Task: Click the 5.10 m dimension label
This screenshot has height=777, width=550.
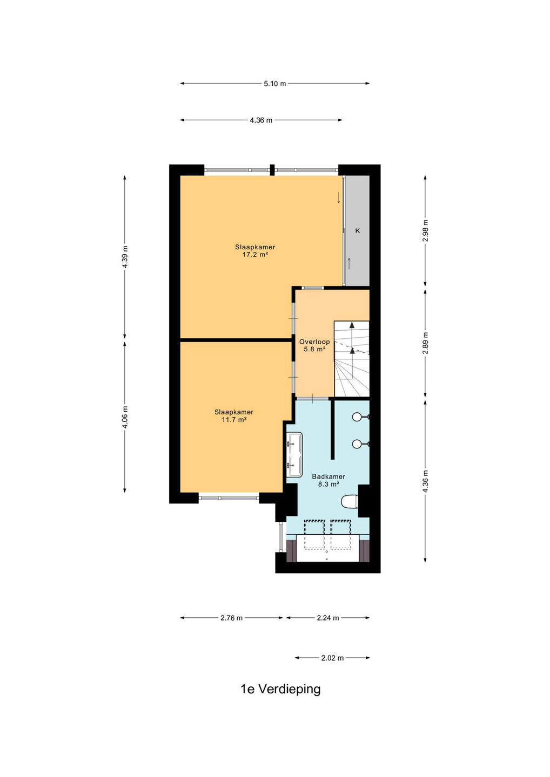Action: [x=274, y=84]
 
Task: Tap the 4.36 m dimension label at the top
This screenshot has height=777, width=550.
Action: [x=261, y=120]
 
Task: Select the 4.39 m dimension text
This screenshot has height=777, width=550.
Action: [x=125, y=256]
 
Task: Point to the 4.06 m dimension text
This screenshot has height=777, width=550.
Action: [x=125, y=417]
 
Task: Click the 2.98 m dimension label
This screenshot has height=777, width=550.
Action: [x=426, y=231]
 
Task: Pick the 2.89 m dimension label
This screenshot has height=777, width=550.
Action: [x=426, y=343]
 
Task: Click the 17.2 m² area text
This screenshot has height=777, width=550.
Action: [x=255, y=255]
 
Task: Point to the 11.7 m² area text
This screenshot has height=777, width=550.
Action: [x=234, y=420]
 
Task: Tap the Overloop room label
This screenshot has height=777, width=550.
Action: [x=314, y=342]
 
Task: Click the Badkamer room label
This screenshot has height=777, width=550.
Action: [x=328, y=476]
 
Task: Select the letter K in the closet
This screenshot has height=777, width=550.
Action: [x=358, y=231]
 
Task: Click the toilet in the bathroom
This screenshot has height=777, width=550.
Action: [x=350, y=501]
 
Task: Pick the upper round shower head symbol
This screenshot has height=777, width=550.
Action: [x=357, y=417]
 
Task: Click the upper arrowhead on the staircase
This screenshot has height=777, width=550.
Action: [x=352, y=325]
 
